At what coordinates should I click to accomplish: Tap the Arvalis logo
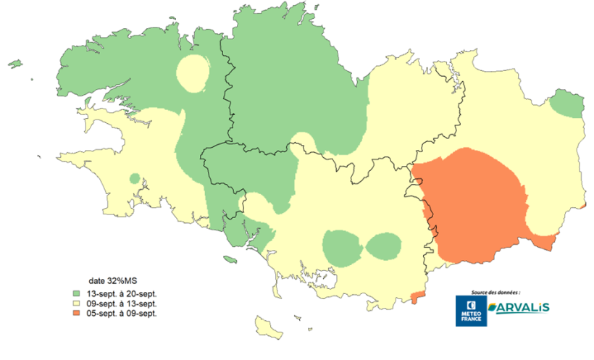coord(519,308)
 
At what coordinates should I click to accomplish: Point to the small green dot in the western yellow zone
coord(134,178)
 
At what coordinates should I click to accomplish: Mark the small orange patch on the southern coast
coord(416,297)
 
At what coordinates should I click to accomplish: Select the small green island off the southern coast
coord(230,259)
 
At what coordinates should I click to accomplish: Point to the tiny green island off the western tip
coord(14,64)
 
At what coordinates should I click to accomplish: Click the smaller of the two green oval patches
coord(383,246)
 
